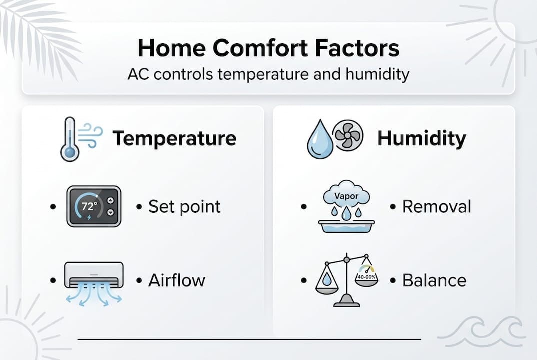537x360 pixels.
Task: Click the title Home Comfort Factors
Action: (268, 49)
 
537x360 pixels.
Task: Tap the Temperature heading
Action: (174, 138)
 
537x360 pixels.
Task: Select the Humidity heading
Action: (421, 138)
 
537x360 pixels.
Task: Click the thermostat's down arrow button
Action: (111, 212)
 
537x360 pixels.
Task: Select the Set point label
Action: (184, 207)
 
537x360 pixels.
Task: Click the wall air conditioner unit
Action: (94, 275)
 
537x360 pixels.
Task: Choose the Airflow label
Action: (176, 280)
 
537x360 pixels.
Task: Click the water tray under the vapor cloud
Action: (345, 226)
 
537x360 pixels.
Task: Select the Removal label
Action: (436, 206)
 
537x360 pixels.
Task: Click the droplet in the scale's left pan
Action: (327, 279)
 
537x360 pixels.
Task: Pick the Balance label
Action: (434, 280)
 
